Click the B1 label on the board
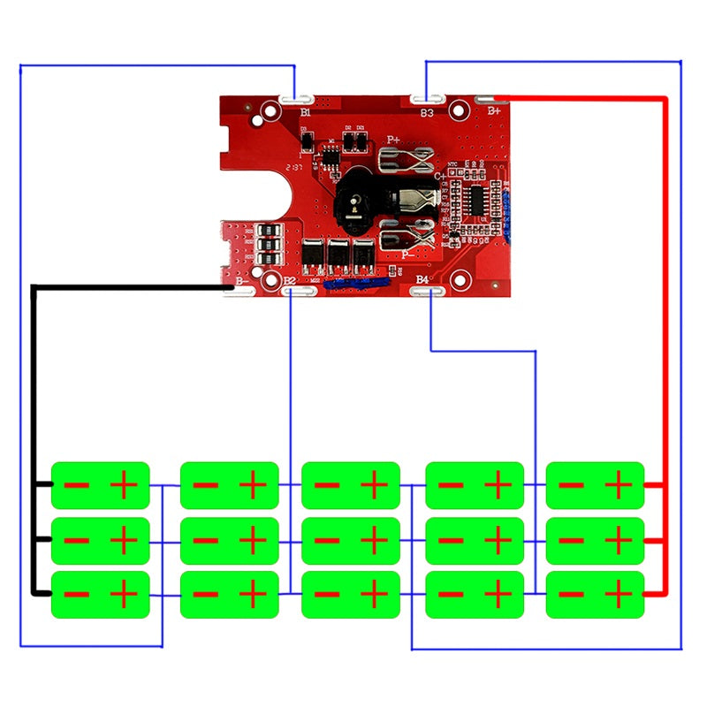pos(306,114)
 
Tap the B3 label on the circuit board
pos(427,113)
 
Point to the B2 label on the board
pos(288,280)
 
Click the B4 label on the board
pos(422,280)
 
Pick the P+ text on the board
pos(393,140)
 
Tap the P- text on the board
pos(406,253)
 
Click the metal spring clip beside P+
pos(406,160)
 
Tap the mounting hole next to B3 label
pos(457,110)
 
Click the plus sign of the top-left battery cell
pos(124,484)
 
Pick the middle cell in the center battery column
pos(351,541)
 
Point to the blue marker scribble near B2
pos(353,284)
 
